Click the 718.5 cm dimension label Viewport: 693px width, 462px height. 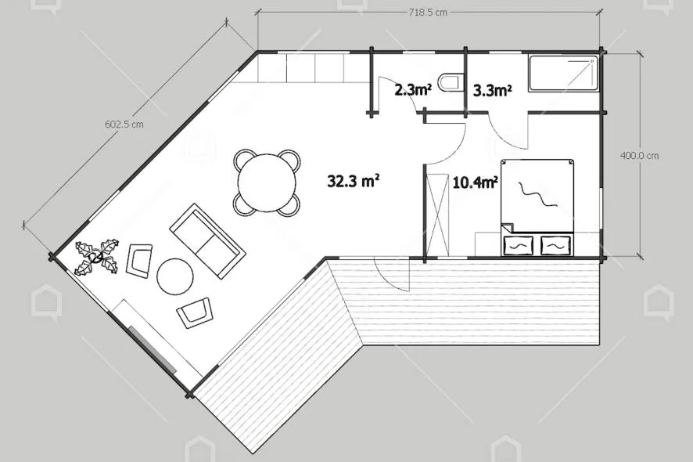[x=427, y=13]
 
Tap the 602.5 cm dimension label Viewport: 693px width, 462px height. [x=124, y=125]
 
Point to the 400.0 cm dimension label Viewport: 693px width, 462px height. [x=639, y=156]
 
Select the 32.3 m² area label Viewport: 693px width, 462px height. [x=354, y=181]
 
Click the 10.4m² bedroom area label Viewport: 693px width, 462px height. [x=476, y=182]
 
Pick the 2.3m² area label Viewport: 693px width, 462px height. [x=413, y=90]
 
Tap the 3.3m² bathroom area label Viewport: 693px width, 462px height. [x=492, y=90]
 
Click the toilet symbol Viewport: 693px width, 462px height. [x=451, y=82]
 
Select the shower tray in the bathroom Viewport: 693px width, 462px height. [x=564, y=74]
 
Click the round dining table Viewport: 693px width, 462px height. [x=267, y=182]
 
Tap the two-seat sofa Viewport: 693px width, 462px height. [x=207, y=240]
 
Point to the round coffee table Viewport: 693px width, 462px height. [x=175, y=276]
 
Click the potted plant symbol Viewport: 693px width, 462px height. [x=97, y=256]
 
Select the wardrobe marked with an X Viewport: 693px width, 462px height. [x=437, y=215]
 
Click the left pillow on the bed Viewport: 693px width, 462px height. [x=519, y=245]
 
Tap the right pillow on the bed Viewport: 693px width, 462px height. [x=555, y=245]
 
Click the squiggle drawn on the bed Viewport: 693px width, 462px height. [x=538, y=194]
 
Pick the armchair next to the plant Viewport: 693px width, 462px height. [x=138, y=261]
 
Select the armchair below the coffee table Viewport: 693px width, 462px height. [x=195, y=312]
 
